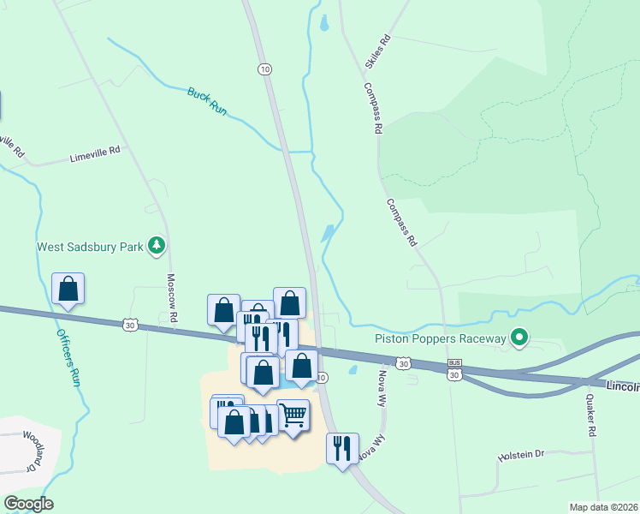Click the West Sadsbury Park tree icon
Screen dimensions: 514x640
(x=157, y=247)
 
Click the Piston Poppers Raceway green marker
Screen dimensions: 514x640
(x=519, y=338)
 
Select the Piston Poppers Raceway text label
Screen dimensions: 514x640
(x=441, y=339)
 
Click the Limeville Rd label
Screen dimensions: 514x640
(x=95, y=154)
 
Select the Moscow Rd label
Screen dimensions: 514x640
(x=171, y=298)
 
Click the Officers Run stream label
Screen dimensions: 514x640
(x=68, y=356)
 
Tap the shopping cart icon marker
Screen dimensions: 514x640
(x=293, y=415)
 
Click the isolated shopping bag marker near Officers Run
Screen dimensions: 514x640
(x=68, y=289)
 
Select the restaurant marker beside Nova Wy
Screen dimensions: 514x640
(x=341, y=448)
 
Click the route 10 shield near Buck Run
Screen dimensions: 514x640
(x=265, y=69)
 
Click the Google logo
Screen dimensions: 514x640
(x=28, y=504)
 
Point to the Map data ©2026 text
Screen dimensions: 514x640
(x=603, y=507)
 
